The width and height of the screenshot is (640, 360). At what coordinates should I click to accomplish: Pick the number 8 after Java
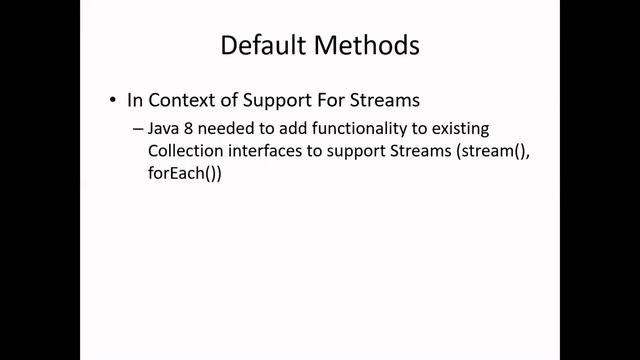[x=187, y=130]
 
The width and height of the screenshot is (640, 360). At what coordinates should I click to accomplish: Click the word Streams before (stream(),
[x=432, y=151]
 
